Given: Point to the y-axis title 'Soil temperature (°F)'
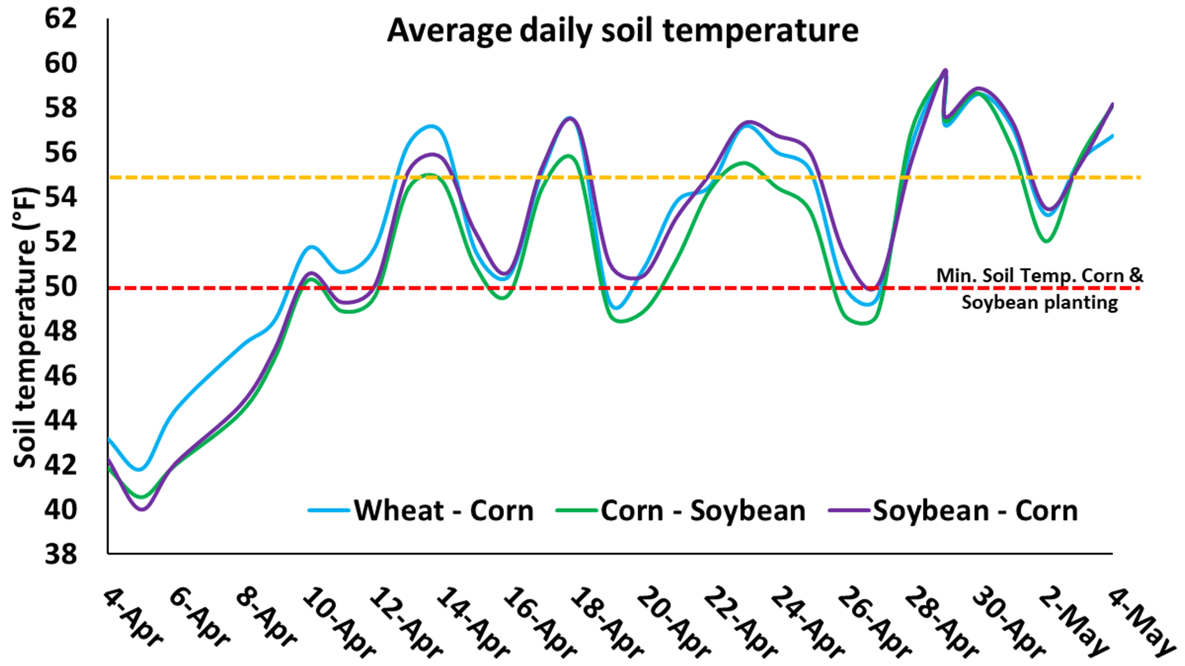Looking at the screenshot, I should pyautogui.click(x=25, y=328).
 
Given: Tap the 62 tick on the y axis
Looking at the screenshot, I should pyautogui.click(x=60, y=19).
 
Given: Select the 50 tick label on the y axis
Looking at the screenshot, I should pyautogui.click(x=60, y=287).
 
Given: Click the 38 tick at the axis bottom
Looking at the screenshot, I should pyautogui.click(x=60, y=554).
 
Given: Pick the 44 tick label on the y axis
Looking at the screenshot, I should pyautogui.click(x=60, y=421).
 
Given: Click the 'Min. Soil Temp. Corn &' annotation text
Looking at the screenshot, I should pyautogui.click(x=1039, y=276).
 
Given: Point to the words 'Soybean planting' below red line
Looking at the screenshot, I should pyautogui.click(x=1039, y=303).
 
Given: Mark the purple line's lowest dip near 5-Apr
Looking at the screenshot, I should pyautogui.click(x=142, y=509).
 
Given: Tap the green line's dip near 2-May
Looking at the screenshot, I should pyautogui.click(x=1046, y=241).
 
